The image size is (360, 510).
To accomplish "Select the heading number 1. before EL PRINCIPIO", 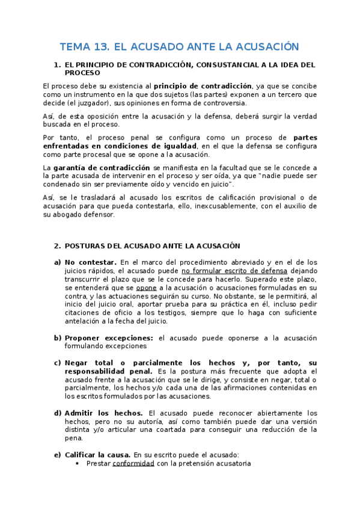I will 57,64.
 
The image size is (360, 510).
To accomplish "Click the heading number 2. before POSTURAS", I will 57,246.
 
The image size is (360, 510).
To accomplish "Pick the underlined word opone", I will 146,288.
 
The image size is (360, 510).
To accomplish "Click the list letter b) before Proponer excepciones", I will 58,337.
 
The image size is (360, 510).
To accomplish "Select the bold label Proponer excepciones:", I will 110,337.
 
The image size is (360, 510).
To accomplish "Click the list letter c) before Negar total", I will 58,363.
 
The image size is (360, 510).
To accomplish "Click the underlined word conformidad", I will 133,464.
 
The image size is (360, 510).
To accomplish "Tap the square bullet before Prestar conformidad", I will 78,464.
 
